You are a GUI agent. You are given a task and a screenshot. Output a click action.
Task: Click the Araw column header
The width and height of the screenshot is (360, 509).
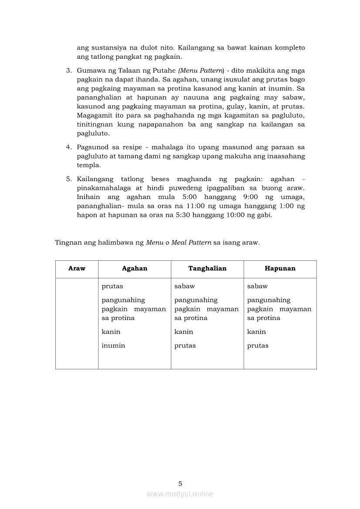point(77,269)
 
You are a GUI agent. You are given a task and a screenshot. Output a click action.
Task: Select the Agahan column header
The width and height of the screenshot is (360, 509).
point(134,269)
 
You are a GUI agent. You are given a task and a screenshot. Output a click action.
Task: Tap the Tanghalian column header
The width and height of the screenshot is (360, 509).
point(207,269)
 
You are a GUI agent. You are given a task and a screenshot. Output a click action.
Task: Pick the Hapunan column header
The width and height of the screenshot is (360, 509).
point(280,269)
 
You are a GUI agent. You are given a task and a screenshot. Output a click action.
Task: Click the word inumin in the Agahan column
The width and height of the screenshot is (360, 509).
point(113,346)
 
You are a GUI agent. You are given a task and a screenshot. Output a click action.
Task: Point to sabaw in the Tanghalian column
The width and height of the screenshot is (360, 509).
point(184,286)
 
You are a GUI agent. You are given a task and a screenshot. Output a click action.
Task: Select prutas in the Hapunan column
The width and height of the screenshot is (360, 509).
point(258,346)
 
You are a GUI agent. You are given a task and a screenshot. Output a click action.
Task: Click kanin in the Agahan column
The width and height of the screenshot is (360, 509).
point(111,332)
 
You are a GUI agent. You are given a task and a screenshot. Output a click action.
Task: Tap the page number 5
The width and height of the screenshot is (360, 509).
point(180,483)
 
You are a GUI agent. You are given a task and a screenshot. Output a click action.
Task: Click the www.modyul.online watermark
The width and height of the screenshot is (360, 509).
point(180,494)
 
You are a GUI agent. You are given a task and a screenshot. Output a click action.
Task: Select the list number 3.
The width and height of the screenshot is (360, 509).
point(68,70)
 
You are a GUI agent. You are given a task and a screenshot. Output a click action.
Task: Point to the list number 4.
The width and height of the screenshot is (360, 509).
point(68,147)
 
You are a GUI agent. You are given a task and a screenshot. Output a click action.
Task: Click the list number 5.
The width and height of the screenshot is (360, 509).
point(68,179)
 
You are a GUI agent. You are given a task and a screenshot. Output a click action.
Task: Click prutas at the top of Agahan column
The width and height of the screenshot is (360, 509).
point(112,286)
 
